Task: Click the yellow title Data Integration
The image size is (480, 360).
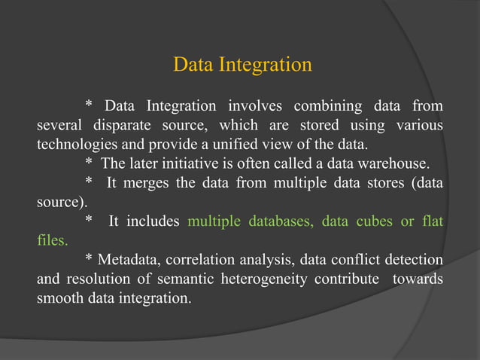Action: pos(242,65)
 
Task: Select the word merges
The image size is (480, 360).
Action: pos(146,183)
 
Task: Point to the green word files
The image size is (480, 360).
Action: pos(51,242)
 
